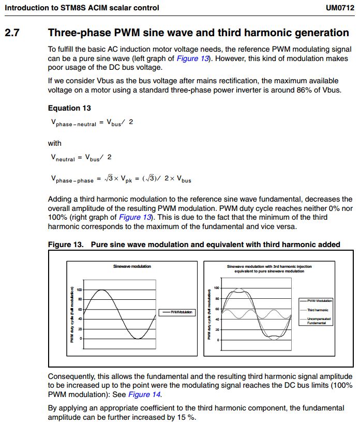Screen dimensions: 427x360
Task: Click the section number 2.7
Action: click(12, 33)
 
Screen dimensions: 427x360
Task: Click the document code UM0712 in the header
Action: click(339, 8)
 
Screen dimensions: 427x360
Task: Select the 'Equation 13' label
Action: click(69, 108)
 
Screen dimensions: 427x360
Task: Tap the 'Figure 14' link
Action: click(145, 394)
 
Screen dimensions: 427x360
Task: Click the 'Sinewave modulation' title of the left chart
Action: click(132, 266)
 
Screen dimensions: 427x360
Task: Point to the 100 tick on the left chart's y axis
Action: click(79, 290)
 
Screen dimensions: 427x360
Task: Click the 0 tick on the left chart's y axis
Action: click(81, 339)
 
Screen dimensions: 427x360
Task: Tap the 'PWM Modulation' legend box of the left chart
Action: click(177, 312)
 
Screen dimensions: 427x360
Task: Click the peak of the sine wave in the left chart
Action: click(103, 290)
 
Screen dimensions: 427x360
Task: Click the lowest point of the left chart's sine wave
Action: click(137, 338)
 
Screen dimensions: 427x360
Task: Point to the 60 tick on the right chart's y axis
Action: click(217, 309)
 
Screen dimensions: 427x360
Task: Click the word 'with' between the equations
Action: click(54, 143)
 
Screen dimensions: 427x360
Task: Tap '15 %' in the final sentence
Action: click(186, 417)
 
